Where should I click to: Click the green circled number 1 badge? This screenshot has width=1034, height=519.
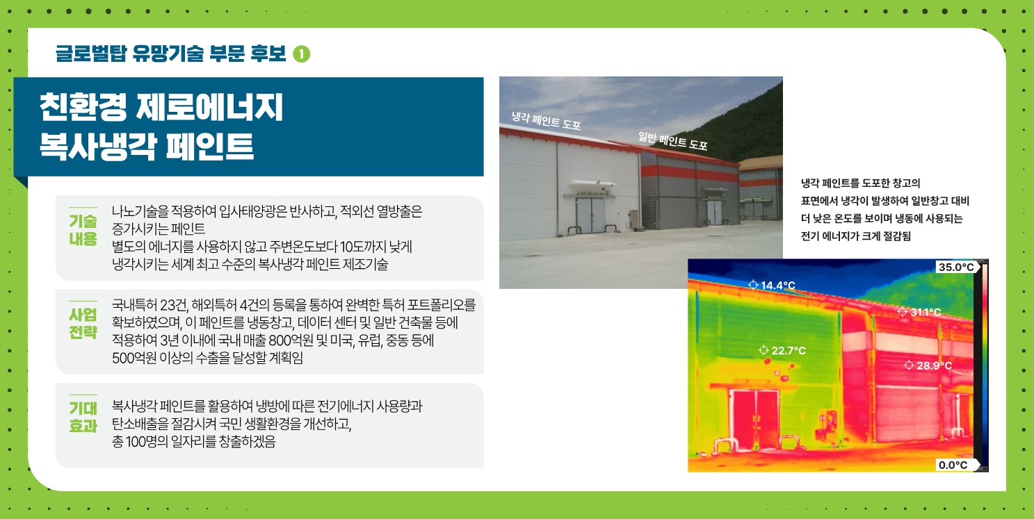[x=302, y=53]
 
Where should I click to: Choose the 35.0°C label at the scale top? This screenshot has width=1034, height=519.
[x=956, y=267]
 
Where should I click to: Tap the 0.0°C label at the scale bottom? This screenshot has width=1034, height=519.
[x=953, y=465]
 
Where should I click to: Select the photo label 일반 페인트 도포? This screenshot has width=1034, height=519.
[x=672, y=140]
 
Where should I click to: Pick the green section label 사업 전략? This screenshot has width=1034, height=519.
[x=83, y=323]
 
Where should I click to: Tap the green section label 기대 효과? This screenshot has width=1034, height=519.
[x=83, y=416]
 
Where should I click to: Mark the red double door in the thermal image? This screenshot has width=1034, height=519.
[x=754, y=418]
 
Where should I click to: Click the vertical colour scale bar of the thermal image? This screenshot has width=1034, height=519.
[x=984, y=365]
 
